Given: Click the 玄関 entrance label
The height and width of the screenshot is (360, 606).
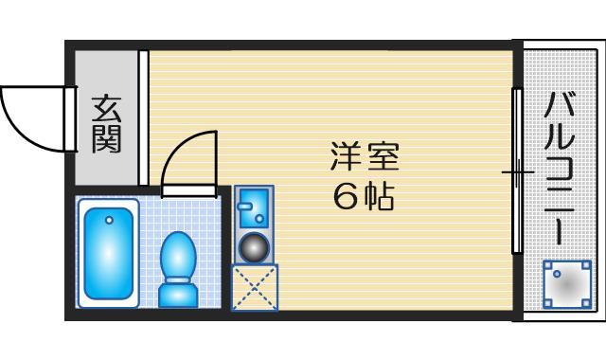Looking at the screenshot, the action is (x=105, y=124).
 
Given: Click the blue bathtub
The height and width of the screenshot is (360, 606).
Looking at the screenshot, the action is (x=110, y=253).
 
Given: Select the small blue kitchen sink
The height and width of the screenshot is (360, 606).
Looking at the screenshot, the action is (x=253, y=207).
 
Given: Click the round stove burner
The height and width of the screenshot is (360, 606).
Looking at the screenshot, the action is (x=253, y=247).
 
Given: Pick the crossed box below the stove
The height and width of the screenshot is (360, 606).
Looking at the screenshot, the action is (x=254, y=288).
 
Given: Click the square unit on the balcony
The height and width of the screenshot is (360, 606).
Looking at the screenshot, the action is (x=566, y=283).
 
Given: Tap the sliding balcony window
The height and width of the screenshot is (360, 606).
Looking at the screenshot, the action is (x=517, y=171).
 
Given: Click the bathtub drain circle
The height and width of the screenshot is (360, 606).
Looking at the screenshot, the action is (x=109, y=221).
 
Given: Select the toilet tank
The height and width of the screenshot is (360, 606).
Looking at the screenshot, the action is (x=177, y=295).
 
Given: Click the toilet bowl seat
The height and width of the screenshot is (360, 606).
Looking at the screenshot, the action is (x=177, y=256).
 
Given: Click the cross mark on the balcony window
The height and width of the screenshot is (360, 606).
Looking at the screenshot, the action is (x=517, y=172).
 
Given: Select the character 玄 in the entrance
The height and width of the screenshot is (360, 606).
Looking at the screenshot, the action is (x=105, y=108).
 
